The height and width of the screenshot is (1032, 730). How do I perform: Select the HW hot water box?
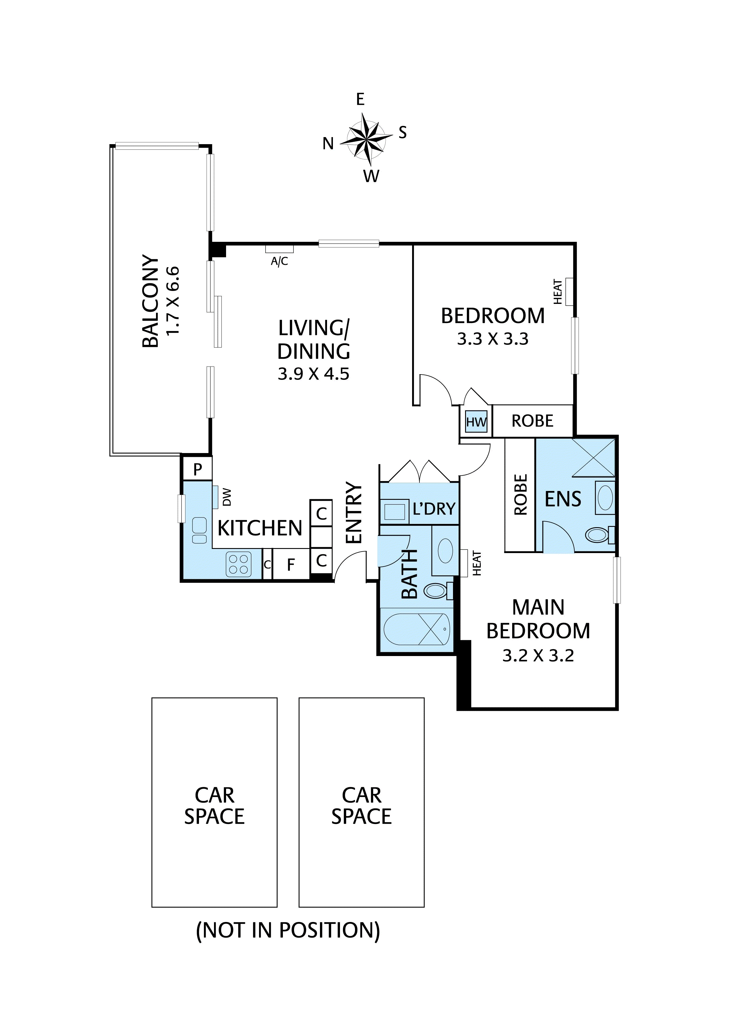[476, 422]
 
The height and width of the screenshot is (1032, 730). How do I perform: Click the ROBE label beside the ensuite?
[520, 495]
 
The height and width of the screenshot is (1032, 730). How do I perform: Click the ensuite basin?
[605, 497]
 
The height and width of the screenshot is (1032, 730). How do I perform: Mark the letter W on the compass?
[371, 176]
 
